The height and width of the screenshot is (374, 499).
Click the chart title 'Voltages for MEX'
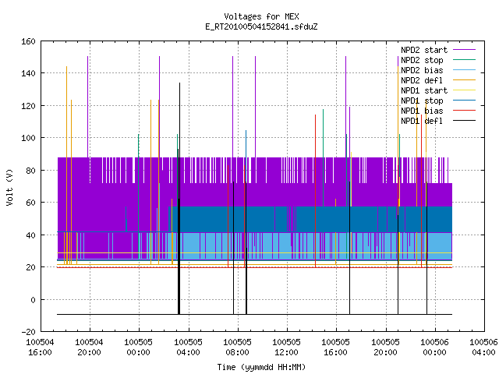pos(261,16)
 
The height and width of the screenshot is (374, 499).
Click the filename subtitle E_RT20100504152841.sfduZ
pos(261,26)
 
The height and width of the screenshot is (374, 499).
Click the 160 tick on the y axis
pos(28,41)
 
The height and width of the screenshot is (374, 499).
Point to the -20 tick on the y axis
pos(28,332)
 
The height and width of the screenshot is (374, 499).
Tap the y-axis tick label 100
pos(28,138)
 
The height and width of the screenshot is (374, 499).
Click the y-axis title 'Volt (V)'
pos(9,188)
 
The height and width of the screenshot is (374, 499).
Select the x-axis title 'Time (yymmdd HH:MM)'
pos(261,367)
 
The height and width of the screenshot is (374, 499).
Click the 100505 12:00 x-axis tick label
pos(286,348)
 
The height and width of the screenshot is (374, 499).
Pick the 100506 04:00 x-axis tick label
pos(483,348)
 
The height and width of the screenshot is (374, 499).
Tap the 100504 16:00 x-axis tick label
pos(40,348)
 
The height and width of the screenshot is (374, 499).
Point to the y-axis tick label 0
pos(33,299)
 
